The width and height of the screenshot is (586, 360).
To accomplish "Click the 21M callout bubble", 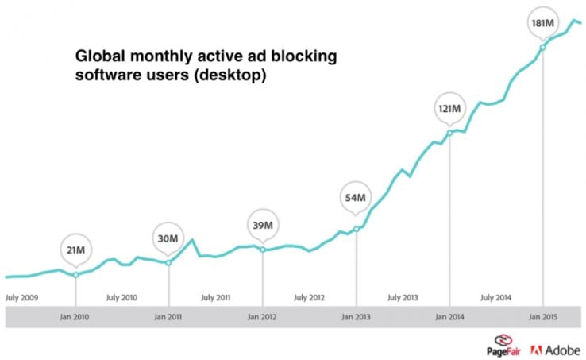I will pyautogui.click(x=75, y=250).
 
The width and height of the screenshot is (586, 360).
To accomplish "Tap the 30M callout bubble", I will pyautogui.click(x=168, y=237).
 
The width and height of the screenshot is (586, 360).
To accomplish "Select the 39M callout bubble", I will pyautogui.click(x=263, y=223).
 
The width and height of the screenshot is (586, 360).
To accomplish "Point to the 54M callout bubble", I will pyautogui.click(x=357, y=197).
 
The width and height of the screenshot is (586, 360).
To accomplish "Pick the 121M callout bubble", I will pyautogui.click(x=449, y=106).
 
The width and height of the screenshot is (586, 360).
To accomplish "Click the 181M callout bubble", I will pyautogui.click(x=543, y=24).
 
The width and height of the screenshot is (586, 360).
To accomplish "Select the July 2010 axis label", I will pyautogui.click(x=121, y=298).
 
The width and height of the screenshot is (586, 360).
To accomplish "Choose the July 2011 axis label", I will pyautogui.click(x=215, y=298).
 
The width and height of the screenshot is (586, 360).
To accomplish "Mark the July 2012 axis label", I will pyautogui.click(x=309, y=298).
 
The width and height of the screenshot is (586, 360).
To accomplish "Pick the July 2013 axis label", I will pyautogui.click(x=403, y=298).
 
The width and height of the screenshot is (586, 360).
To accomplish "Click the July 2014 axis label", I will pyautogui.click(x=496, y=298).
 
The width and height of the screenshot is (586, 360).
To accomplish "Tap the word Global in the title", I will pyautogui.click(x=98, y=57).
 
